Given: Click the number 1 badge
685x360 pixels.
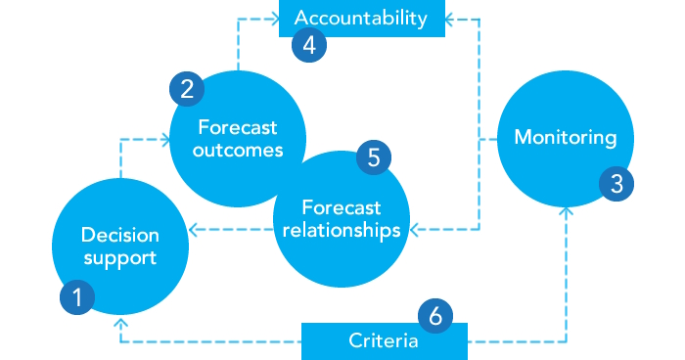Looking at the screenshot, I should pos(77,297).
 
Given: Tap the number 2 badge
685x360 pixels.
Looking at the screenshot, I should pos(186,89).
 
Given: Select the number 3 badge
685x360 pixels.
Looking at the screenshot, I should pos(616,182).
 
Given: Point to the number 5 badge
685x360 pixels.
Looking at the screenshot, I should pos(374,155).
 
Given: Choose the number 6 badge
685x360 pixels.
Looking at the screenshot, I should pos(435,315).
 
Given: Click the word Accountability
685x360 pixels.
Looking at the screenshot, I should pos(361,18).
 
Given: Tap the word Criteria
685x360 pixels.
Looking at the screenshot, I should pos(384,341).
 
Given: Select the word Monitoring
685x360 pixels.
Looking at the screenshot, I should pos(566,137).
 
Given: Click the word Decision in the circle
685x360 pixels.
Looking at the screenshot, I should pos(120,235).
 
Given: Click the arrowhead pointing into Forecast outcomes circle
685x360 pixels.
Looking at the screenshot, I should pos(167,140).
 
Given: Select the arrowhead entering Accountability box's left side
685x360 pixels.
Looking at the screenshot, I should pos(274,18).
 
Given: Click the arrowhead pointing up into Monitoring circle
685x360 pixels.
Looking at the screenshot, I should pos(566,209).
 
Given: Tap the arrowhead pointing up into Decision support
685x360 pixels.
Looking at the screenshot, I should pos(119,322).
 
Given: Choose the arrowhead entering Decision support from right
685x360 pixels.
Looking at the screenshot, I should pos(193,231).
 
